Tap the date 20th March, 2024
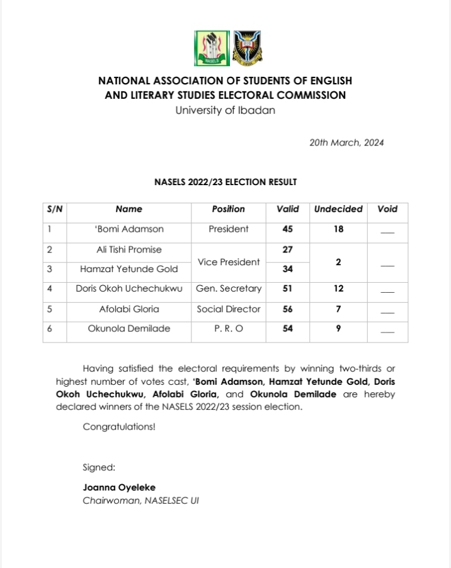(x=346, y=142)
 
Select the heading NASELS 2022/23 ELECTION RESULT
(x=226, y=182)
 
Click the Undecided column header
(x=338, y=209)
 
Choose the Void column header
(x=387, y=209)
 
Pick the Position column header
(x=228, y=209)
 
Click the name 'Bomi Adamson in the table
(x=129, y=229)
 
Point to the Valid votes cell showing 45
(x=288, y=229)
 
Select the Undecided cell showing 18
(x=338, y=229)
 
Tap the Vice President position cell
(x=228, y=261)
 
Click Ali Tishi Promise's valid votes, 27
(x=288, y=250)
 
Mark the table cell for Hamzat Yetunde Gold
(x=129, y=270)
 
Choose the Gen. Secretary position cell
(x=228, y=289)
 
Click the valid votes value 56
(x=288, y=309)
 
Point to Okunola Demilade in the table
(x=129, y=329)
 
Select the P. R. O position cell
(x=228, y=329)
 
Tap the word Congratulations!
(x=119, y=427)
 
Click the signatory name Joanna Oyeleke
(x=119, y=487)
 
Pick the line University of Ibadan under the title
(x=225, y=110)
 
